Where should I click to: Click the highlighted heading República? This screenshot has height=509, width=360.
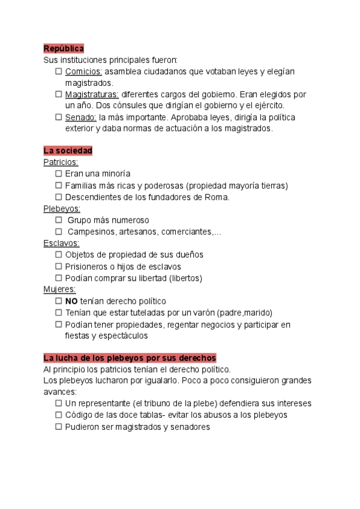63,48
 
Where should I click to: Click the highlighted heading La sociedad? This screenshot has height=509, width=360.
68,150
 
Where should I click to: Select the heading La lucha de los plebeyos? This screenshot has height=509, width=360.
130,358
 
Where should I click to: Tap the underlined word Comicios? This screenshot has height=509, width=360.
83,71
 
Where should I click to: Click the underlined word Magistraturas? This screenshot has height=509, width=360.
92,94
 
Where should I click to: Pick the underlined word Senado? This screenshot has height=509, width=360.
80,117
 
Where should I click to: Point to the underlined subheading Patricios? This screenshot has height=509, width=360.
61,162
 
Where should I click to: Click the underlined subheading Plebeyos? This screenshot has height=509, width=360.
62,208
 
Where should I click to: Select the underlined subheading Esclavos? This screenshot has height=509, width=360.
61,243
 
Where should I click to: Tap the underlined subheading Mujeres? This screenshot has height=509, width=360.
59,289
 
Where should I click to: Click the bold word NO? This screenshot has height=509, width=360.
71,301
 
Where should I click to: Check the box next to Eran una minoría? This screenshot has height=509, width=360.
58,173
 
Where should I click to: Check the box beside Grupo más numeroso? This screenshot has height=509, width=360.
58,220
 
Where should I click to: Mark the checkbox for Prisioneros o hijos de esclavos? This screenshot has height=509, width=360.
58,266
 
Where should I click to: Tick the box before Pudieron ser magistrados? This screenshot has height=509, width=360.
58,427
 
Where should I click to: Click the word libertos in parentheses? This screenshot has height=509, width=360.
186,278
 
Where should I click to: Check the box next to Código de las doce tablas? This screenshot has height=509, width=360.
58,415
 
